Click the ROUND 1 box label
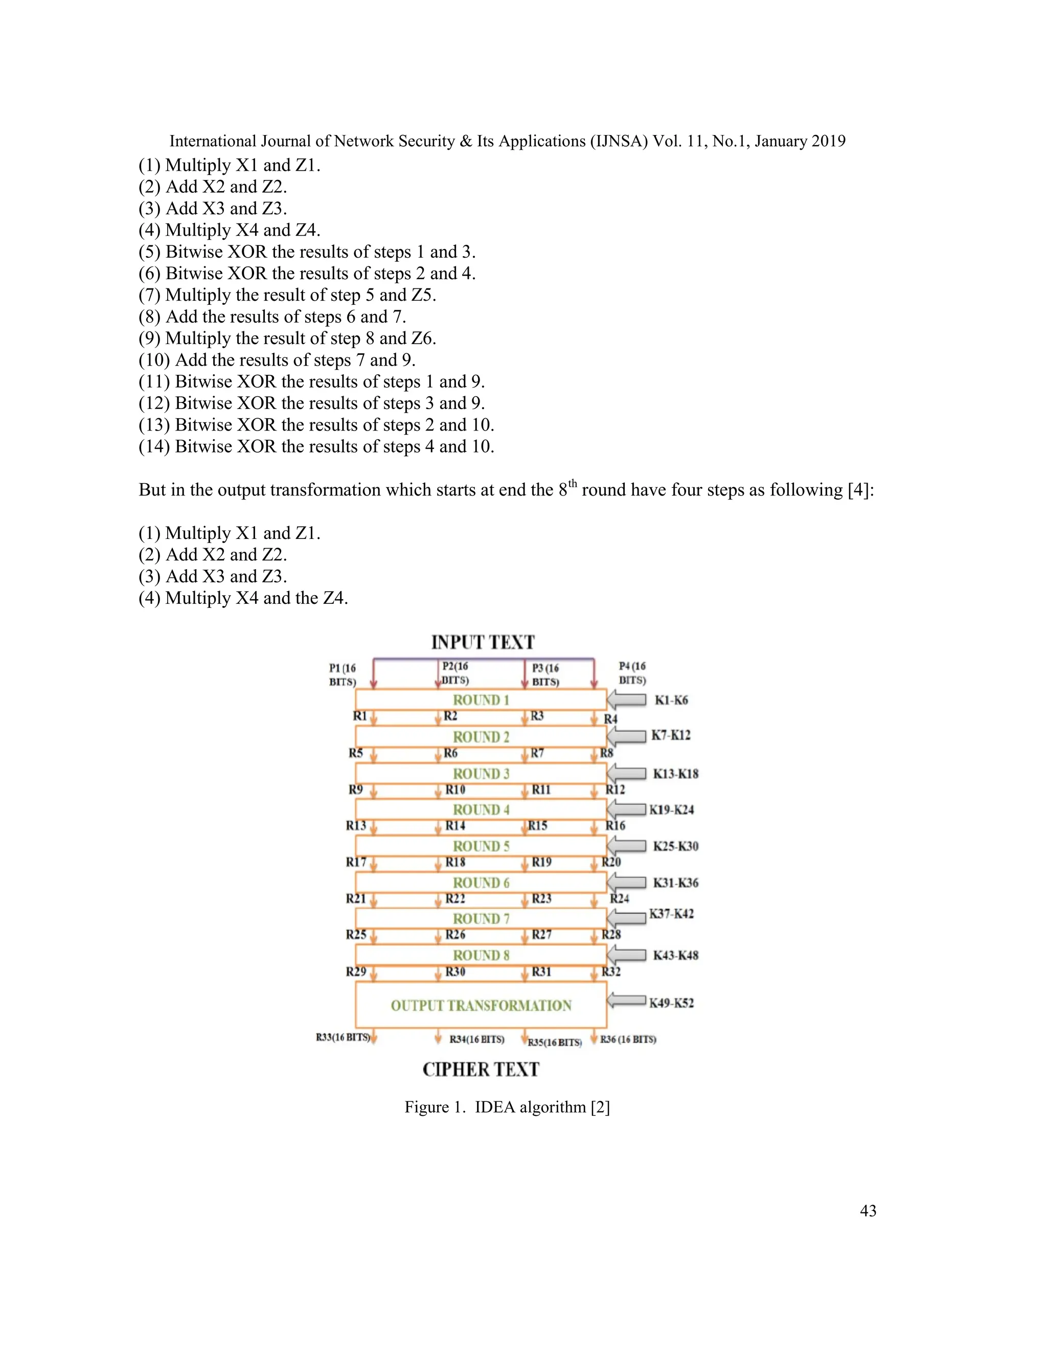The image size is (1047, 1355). pos(481,700)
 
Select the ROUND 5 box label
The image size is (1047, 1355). pos(481,846)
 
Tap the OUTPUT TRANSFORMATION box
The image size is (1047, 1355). pos(481,1006)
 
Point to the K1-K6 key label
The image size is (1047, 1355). pos(671,701)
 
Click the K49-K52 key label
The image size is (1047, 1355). pos(671,1003)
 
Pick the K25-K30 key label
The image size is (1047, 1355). pos(675,846)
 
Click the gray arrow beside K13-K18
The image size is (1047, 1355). pos(626,773)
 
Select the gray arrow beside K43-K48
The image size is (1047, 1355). pos(626,956)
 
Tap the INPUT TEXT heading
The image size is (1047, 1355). pos(483,642)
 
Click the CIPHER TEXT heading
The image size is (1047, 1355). pos(481,1070)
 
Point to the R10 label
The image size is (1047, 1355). pos(456,790)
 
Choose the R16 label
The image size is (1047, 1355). pos(616,826)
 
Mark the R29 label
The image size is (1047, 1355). pos(356,972)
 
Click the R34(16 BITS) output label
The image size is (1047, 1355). pos(476,1039)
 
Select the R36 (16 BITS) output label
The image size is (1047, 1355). pos(628,1039)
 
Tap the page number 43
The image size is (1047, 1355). pos(868,1210)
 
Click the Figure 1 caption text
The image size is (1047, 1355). pos(507,1108)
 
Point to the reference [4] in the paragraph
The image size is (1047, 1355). pos(860,490)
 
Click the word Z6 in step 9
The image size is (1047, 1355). pos(424,338)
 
